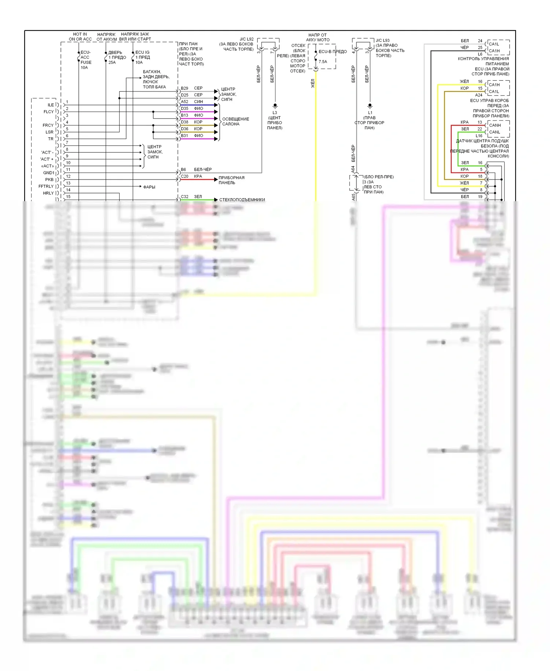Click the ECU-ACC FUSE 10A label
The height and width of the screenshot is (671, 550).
click(x=86, y=60)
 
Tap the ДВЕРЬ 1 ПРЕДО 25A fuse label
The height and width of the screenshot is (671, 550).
click(x=117, y=57)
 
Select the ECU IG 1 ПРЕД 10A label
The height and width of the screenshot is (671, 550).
click(x=142, y=57)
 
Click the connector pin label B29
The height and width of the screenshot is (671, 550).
click(x=184, y=88)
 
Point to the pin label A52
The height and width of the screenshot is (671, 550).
click(x=184, y=102)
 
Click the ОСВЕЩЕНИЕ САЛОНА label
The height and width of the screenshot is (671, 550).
click(x=235, y=121)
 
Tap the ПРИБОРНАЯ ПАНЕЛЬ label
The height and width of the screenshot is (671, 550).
click(x=231, y=180)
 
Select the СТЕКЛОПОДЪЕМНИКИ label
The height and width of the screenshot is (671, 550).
click(x=242, y=200)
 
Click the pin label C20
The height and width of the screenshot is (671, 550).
click(x=184, y=177)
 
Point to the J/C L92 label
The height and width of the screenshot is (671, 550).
click(x=246, y=39)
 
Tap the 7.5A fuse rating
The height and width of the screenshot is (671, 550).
click(x=323, y=62)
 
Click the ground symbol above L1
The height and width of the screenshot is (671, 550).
click(x=370, y=106)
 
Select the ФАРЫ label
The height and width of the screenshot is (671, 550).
click(x=149, y=187)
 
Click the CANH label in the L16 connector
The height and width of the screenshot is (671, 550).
click(x=495, y=125)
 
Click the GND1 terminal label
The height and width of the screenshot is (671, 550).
click(x=48, y=173)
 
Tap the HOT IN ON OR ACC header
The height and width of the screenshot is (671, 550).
click(x=80, y=37)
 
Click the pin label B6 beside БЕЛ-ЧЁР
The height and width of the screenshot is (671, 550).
click(x=183, y=170)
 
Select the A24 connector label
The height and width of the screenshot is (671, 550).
click(x=478, y=95)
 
